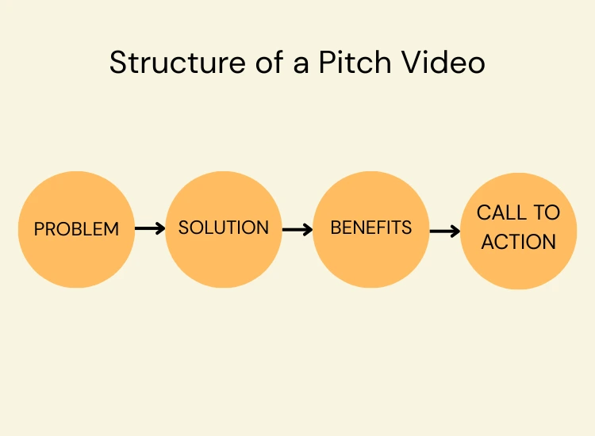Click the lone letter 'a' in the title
299,64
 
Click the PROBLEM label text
76,229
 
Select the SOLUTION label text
224,228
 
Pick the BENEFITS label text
371,228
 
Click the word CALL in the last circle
501,212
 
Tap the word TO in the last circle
546,212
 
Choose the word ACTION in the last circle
519,242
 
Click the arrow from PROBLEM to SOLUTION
150,228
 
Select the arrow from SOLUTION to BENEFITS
297,230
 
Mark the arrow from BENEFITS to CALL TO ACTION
445,231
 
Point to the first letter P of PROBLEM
39,229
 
